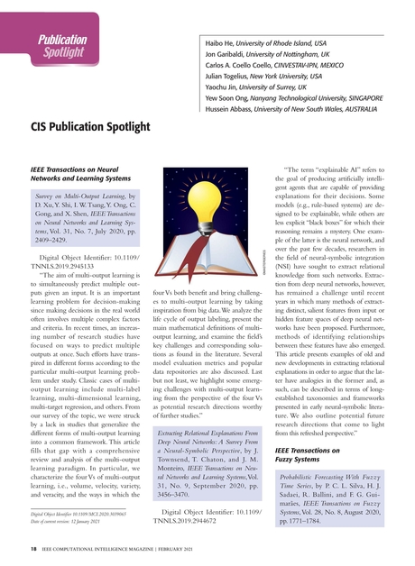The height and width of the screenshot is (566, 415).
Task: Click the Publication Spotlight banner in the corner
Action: pyautogui.click(x=61, y=46)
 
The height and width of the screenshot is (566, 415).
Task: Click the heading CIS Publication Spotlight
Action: pyautogui.click(x=103, y=127)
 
